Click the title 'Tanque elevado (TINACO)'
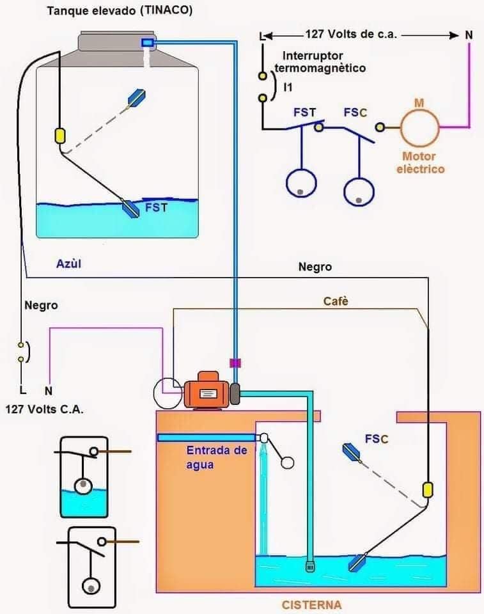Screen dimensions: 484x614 (120, 11)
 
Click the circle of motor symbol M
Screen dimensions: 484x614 (419, 127)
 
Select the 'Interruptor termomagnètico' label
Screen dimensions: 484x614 (320, 62)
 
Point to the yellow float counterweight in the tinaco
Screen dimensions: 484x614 (60, 136)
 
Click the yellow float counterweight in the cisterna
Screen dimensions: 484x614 (428, 490)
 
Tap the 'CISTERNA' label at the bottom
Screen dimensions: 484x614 (312, 605)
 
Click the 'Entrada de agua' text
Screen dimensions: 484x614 (217, 457)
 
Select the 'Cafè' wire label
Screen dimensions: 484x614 (336, 301)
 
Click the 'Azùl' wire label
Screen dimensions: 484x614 (69, 264)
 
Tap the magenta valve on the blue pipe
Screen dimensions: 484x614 (235, 363)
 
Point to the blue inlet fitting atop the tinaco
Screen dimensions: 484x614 (148, 42)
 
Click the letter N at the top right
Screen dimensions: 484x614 (469, 35)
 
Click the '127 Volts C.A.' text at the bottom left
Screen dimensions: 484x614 (44, 409)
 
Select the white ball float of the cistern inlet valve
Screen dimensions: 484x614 (287, 462)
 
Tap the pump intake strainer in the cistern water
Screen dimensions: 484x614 (310, 566)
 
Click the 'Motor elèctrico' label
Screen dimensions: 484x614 (421, 162)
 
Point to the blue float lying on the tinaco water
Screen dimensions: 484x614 (131, 209)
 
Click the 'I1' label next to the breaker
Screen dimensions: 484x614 (288, 87)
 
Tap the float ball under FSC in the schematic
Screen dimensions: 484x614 (359, 192)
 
